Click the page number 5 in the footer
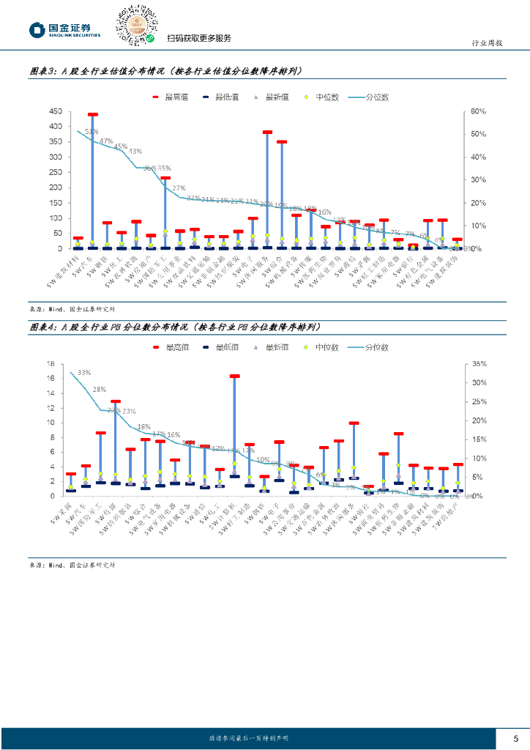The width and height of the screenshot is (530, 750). pyautogui.click(x=515, y=738)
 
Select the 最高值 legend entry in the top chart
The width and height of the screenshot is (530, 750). pyautogui.click(x=169, y=97)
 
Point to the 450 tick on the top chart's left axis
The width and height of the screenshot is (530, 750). pyautogui.click(x=55, y=111)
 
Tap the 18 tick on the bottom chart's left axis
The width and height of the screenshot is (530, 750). pyautogui.click(x=51, y=364)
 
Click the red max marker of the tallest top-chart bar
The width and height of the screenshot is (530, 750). pyautogui.click(x=93, y=115)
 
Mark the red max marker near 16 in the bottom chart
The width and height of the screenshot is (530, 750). pyautogui.click(x=234, y=376)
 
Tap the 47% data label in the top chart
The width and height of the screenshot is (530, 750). pyautogui.click(x=106, y=141)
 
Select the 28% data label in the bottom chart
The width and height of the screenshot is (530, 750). pyautogui.click(x=100, y=390)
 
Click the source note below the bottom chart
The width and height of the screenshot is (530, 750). pyautogui.click(x=72, y=565)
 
